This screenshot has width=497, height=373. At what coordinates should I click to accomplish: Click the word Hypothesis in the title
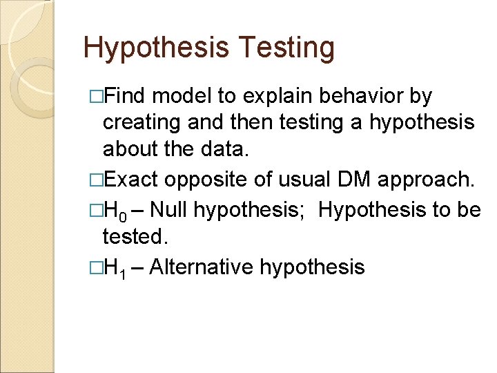click(156, 48)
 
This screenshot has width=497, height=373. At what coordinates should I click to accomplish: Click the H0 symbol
click(113, 209)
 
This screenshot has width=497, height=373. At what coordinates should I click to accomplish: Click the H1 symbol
click(113, 267)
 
